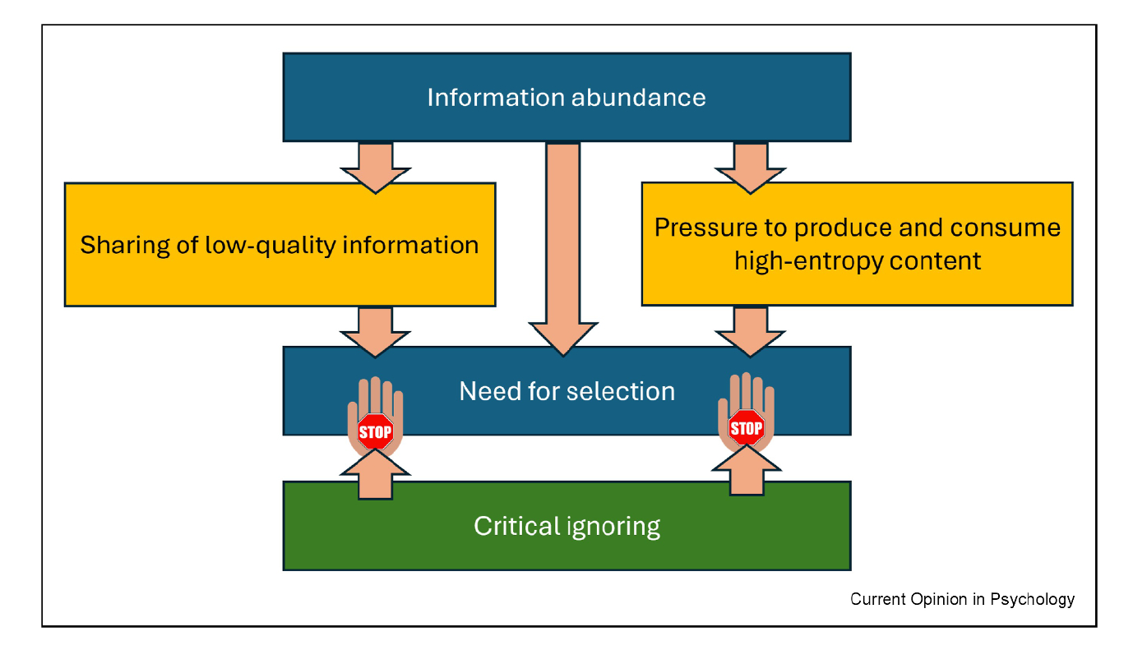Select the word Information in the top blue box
point(495,98)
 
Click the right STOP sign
point(746,428)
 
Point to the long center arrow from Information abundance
point(563,247)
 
